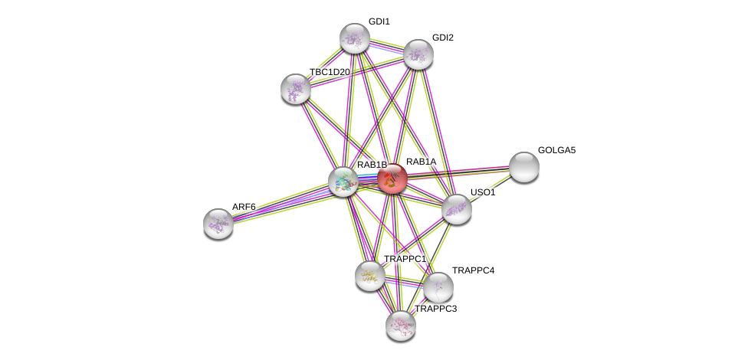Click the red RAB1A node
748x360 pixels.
(392, 179)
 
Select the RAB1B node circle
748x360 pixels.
(343, 182)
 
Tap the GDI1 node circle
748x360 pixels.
(355, 38)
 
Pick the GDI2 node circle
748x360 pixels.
(418, 54)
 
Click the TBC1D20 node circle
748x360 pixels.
(296, 89)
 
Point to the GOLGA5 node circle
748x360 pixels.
(524, 166)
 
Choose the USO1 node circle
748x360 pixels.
(457, 208)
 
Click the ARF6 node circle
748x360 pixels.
(218, 223)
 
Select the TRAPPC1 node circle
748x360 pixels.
(370, 276)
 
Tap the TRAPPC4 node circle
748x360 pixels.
(438, 287)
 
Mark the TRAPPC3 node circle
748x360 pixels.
(401, 325)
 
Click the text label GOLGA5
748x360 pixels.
(556, 150)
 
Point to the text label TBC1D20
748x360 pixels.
(330, 72)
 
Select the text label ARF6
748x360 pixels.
(244, 207)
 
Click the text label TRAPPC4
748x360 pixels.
(473, 270)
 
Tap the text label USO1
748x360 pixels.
(483, 192)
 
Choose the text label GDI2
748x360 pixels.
(443, 38)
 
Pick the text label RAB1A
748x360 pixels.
(421, 162)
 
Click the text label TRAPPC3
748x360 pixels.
(435, 309)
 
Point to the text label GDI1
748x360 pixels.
(379, 21)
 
